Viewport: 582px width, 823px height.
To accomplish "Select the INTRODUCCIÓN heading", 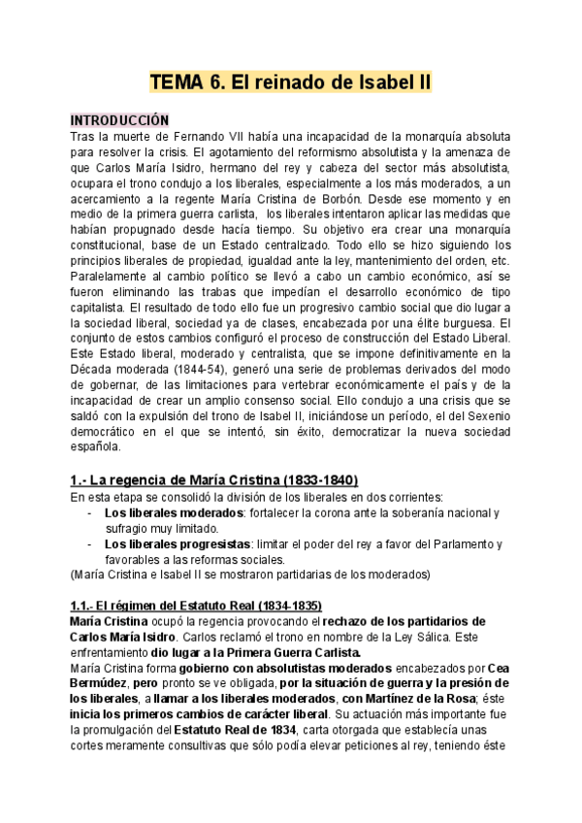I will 119,120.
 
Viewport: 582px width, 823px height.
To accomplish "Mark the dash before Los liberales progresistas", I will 90,543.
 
